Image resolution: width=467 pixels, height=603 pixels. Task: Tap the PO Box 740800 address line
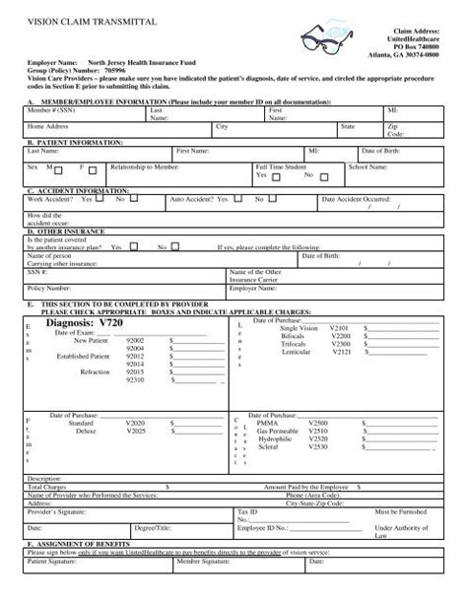point(413,46)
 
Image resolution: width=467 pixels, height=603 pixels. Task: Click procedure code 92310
point(136,379)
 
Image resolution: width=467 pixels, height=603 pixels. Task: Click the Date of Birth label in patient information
point(380,151)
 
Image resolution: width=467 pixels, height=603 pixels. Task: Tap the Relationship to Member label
point(144,167)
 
